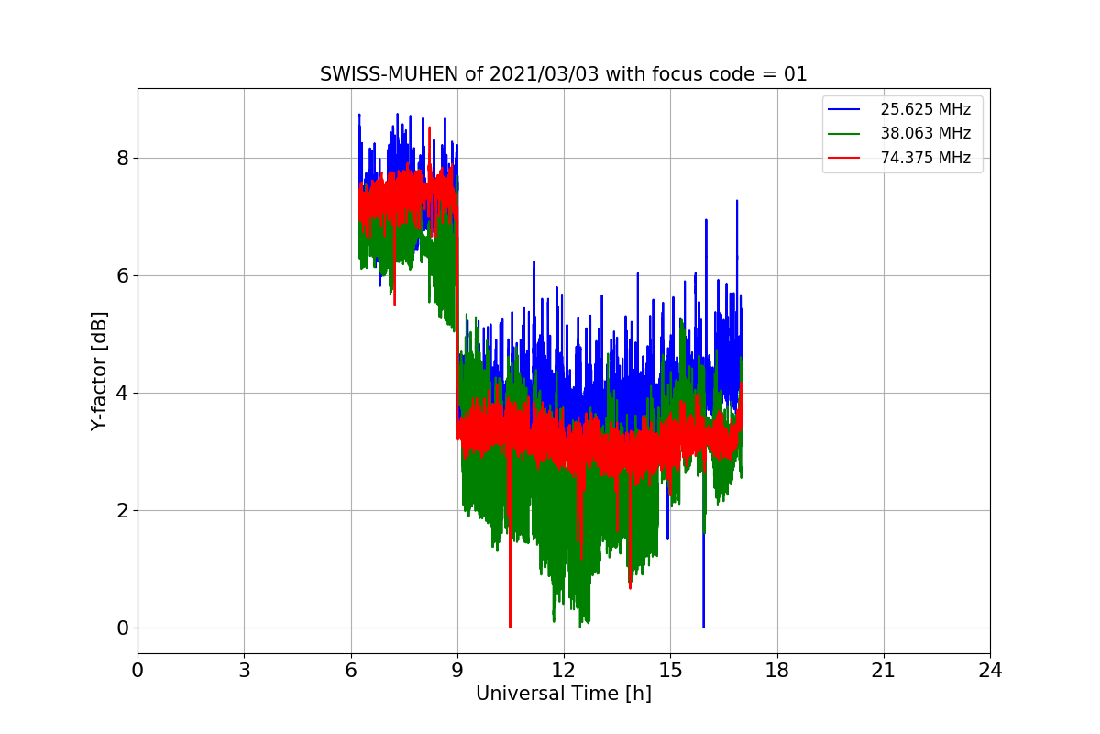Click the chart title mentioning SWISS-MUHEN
pos(563,74)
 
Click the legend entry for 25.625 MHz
pos(898,109)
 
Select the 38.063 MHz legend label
pos(925,133)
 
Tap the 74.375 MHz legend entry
pos(898,158)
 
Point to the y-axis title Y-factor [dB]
pos(99,372)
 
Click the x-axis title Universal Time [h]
pos(563,694)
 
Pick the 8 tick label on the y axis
pos(122,159)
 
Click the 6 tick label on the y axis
pos(122,276)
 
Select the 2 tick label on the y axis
pos(122,511)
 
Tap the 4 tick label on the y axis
pos(122,394)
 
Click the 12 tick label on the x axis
pos(563,671)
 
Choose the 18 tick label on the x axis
pos(777,671)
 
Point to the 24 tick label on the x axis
pos(990,671)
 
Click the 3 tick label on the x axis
pos(245,671)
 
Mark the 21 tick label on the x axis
pos(884,671)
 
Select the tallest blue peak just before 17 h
pos(737,201)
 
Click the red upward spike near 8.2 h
pos(430,128)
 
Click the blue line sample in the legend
pos(843,109)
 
